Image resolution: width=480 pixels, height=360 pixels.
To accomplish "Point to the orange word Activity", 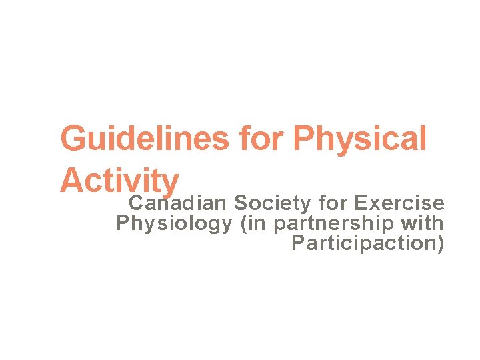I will click(x=119, y=180).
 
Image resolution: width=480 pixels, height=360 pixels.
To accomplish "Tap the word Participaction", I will click(x=364, y=244).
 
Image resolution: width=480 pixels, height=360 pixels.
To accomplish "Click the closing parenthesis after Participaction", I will click(x=440, y=245).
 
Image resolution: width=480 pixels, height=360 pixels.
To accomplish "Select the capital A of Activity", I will click(x=72, y=180).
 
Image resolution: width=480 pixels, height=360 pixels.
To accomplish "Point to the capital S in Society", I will click(x=241, y=202).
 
